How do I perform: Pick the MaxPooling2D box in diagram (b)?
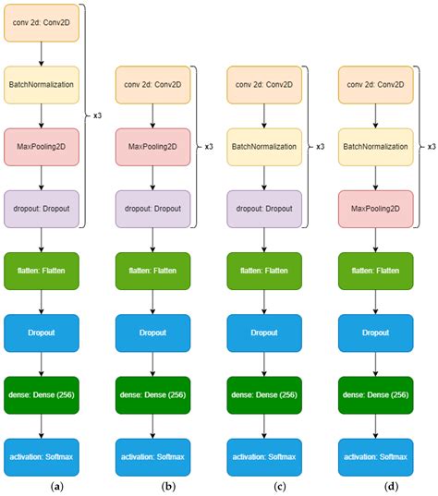(x=152, y=146)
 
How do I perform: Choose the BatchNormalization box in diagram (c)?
(x=263, y=146)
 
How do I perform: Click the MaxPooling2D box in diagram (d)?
(x=375, y=208)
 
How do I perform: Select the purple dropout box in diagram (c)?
(x=263, y=208)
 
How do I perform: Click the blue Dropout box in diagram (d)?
(x=375, y=331)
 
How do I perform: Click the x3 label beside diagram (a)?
(x=98, y=115)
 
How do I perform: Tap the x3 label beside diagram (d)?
(x=431, y=146)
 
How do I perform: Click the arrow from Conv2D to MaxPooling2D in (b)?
(x=152, y=115)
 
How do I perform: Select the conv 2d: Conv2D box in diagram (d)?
(x=375, y=84)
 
